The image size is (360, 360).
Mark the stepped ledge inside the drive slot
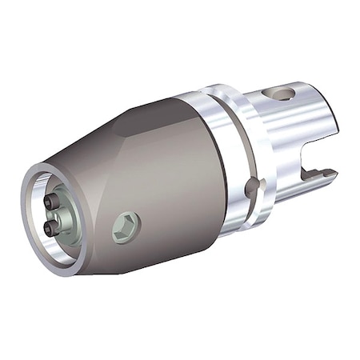click(324, 173)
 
